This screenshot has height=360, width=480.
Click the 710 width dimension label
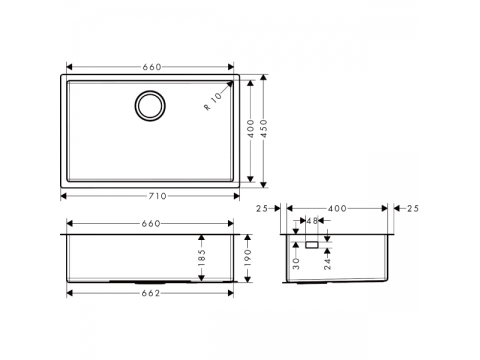tap(157, 196)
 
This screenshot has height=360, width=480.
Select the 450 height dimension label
tap(264, 128)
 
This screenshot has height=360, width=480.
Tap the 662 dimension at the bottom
tap(151, 293)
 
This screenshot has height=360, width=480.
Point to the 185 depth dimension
tap(201, 258)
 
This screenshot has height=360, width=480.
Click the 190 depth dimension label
tap(247, 258)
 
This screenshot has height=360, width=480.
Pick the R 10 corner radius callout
tap(213, 101)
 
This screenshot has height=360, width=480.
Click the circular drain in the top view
tap(150, 106)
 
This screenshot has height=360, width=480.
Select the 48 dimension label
tap(312, 221)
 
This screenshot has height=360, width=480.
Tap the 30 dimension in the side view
tap(296, 263)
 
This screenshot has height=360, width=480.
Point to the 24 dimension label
tap(327, 263)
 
